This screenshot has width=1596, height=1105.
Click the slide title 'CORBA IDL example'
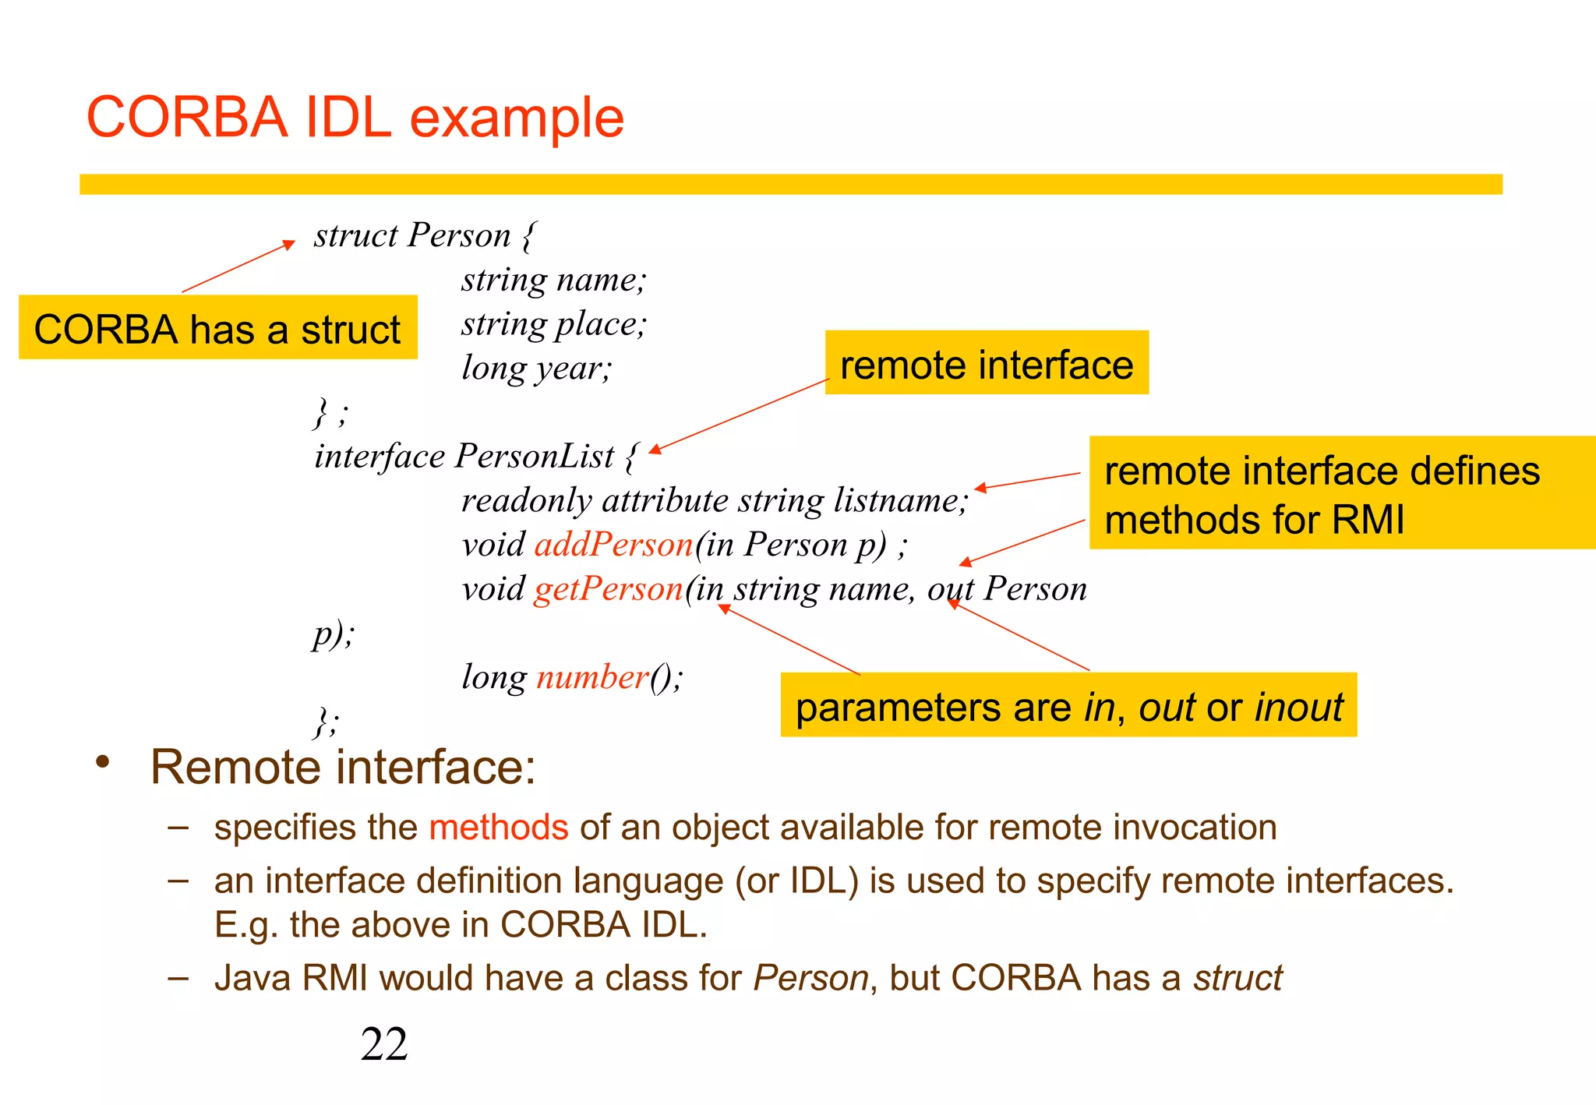(x=355, y=118)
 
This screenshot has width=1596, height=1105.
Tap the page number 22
(x=383, y=1043)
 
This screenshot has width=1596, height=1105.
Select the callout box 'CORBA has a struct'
(x=217, y=328)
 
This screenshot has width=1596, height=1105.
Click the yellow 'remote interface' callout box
(x=986, y=363)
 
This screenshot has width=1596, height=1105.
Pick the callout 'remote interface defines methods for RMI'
(x=1340, y=493)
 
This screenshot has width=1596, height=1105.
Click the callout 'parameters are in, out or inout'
(x=1068, y=705)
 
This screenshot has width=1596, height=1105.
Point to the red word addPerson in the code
(x=613, y=544)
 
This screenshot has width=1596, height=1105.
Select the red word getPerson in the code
(x=609, y=588)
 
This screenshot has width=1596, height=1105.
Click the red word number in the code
(x=592, y=677)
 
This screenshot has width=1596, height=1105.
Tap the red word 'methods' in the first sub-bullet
(x=498, y=827)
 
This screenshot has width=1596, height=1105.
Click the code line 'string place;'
(x=553, y=323)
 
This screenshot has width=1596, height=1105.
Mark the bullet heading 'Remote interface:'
(x=343, y=767)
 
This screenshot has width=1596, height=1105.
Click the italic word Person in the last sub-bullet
(x=810, y=978)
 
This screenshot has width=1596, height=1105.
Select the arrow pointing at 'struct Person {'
(x=238, y=267)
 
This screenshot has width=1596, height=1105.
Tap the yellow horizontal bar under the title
(x=790, y=184)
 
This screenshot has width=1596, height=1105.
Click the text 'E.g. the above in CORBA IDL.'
(x=460, y=925)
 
